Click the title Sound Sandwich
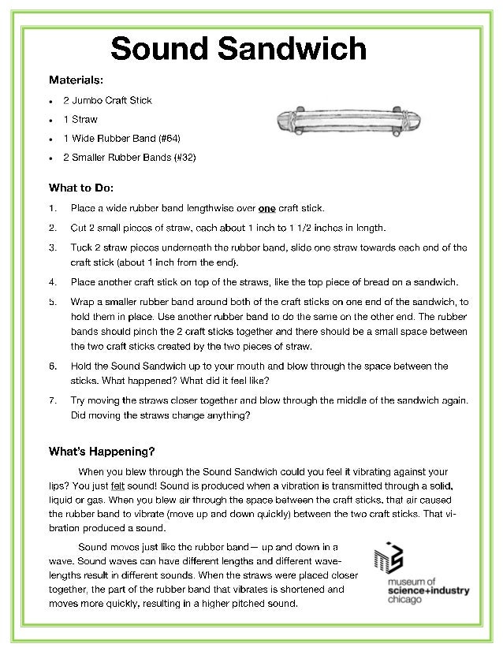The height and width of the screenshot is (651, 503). point(238,49)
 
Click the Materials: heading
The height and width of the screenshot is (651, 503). point(76,80)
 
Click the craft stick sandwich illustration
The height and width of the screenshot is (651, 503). point(344,121)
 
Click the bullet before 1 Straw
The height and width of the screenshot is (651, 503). point(51,121)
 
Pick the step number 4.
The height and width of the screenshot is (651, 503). point(51,281)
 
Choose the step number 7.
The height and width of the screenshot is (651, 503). point(51,400)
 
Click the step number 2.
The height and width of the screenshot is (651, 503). point(51,228)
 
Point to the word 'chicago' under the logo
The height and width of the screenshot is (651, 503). point(403,600)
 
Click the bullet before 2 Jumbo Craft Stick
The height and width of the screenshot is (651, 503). point(51,102)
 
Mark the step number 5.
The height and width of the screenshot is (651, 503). point(51,301)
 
